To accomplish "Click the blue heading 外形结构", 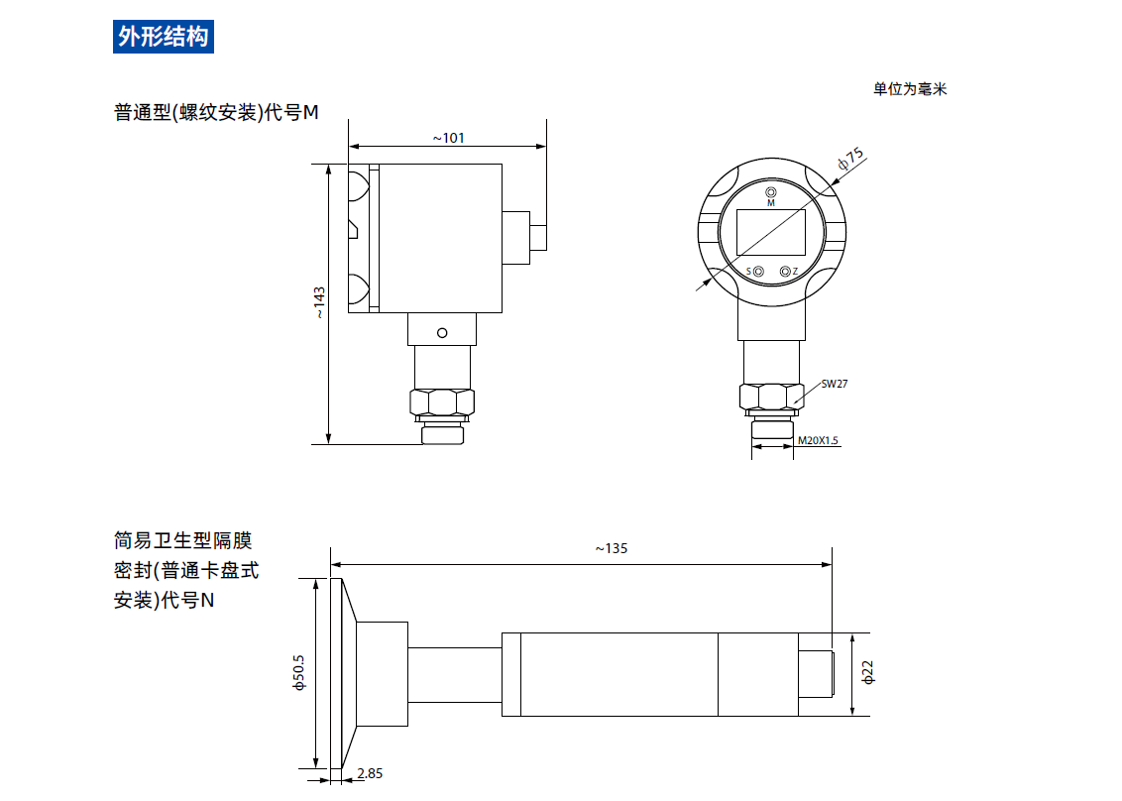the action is point(164,37).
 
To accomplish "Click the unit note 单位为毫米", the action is point(910,89).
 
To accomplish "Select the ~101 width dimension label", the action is point(449,138).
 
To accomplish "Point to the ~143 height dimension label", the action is point(319,302).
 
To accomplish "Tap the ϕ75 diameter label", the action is point(850,159).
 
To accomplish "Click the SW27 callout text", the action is point(835,384).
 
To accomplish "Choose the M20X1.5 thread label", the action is point(818,440).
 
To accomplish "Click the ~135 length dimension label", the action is point(612,548).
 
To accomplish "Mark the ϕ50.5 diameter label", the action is point(298,672).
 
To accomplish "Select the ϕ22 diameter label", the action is point(867,673).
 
